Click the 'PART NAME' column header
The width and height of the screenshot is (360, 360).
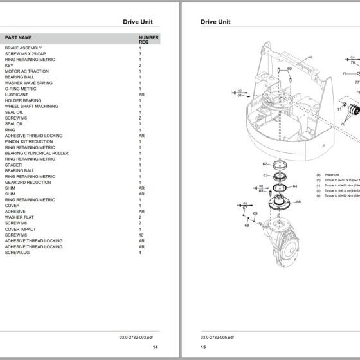point(19,38)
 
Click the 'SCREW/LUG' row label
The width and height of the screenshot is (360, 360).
point(17,252)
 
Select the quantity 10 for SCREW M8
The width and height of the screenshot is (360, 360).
point(141,235)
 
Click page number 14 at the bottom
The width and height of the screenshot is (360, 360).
point(155,347)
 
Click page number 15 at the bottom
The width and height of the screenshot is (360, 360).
point(203,347)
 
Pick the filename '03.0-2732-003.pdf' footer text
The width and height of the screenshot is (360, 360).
point(137,336)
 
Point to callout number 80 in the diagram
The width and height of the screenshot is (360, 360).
point(290,69)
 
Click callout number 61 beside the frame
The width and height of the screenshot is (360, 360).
point(239,95)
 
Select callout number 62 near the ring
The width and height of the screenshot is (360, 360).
point(265,164)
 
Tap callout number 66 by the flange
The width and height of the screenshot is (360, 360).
point(298,202)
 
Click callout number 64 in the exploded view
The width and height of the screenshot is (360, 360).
point(294,186)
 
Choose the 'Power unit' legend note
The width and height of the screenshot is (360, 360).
point(332,174)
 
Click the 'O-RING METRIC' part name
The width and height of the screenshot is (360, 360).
point(21,89)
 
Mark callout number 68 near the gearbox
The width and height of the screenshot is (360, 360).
point(247,226)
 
